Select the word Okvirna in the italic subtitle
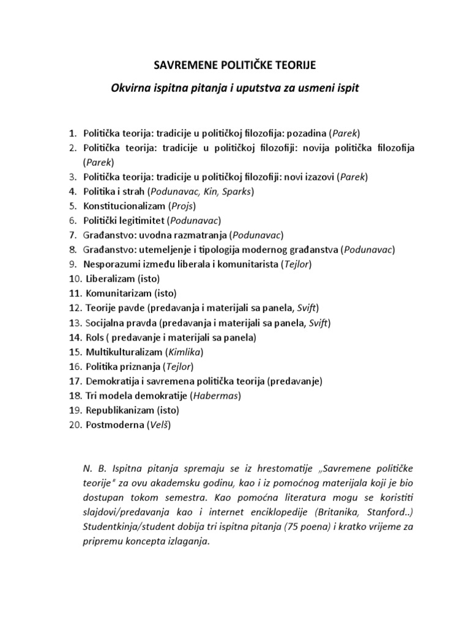131,88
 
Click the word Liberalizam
111,279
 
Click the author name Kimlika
185,353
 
